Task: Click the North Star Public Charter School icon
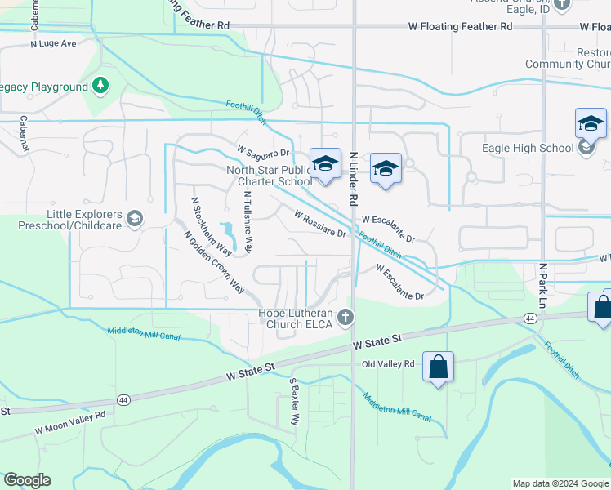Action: tap(325, 163)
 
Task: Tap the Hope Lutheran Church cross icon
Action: tap(346, 316)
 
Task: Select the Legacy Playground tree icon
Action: tap(100, 86)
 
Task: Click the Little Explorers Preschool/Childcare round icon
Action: tap(135, 219)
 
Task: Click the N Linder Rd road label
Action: tap(354, 177)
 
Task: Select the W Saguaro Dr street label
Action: tap(264, 152)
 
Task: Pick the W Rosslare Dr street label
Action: tap(320, 221)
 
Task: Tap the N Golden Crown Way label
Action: tap(214, 261)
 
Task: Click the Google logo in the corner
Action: tap(27, 480)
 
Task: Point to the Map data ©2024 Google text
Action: tap(560, 483)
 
